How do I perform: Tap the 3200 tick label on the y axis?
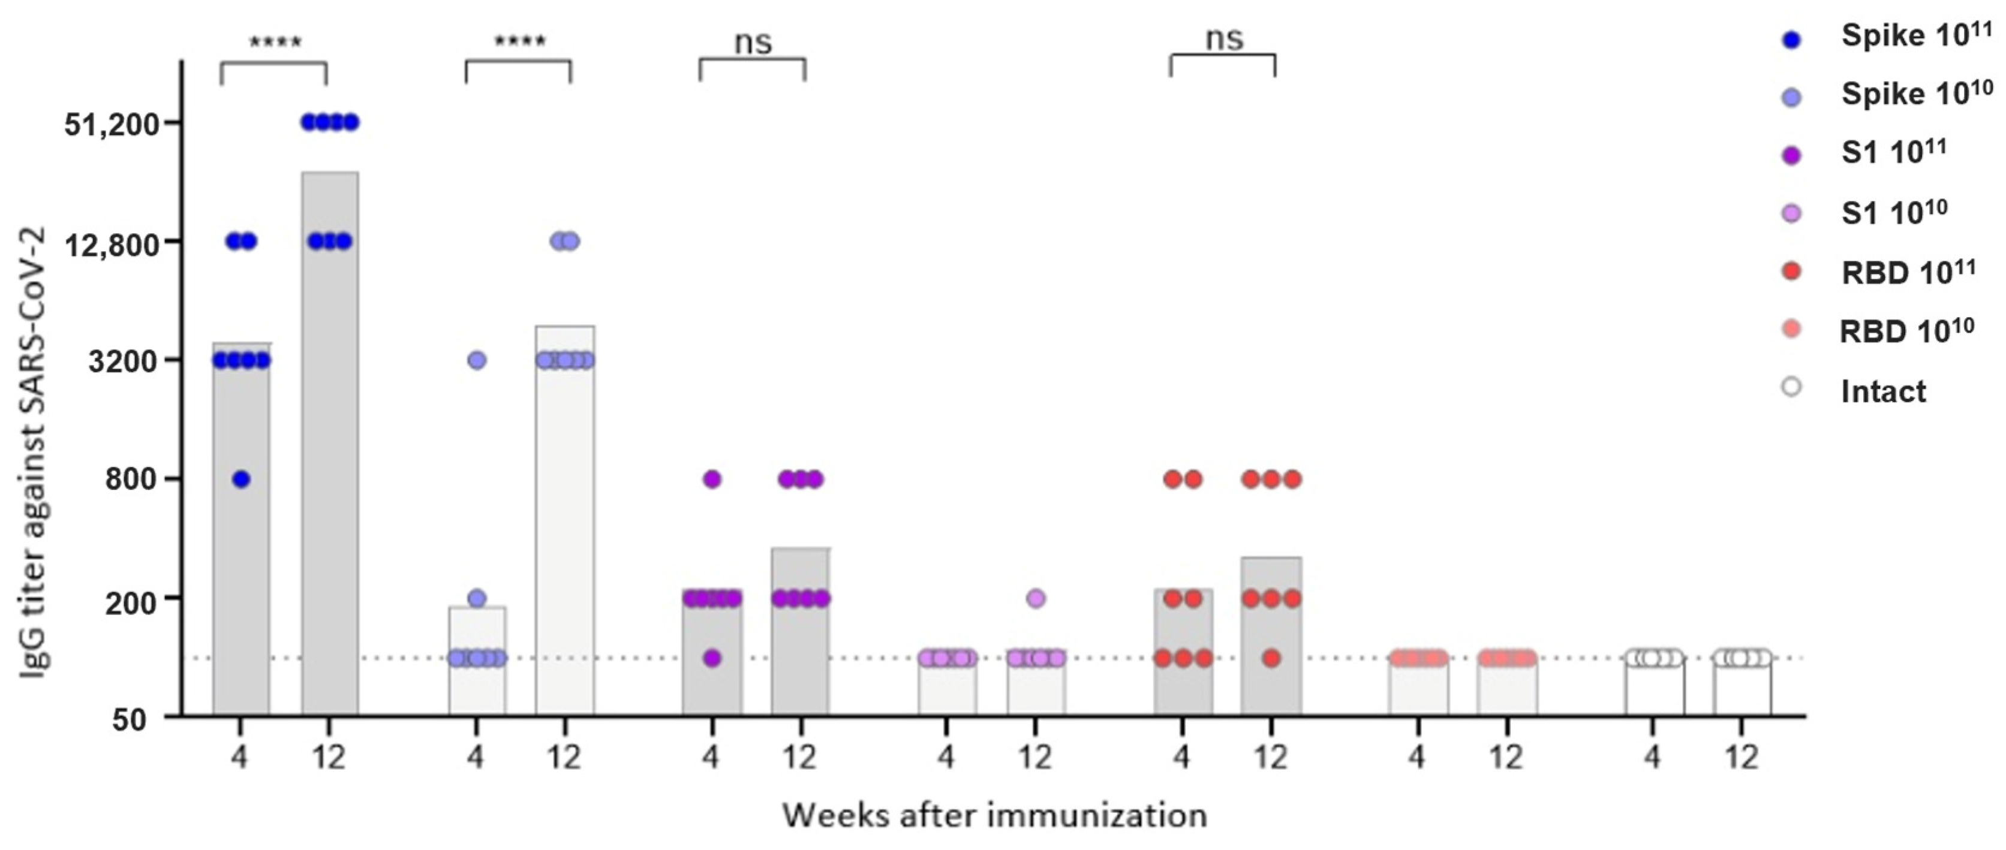point(124,362)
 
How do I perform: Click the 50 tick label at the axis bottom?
point(128,720)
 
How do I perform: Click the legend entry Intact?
point(1882,391)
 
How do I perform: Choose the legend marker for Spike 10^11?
point(1792,39)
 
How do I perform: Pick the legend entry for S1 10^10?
point(1893,212)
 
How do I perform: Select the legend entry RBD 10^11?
point(1908,272)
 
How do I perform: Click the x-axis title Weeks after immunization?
point(994,816)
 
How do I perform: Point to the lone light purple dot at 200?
point(1036,599)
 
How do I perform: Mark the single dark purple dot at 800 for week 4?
point(712,480)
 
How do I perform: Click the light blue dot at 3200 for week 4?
point(477,360)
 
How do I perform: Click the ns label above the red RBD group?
point(1223,39)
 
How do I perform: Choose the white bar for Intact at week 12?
point(1742,689)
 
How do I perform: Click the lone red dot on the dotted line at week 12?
point(1271,659)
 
